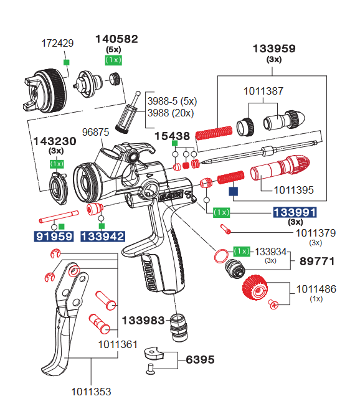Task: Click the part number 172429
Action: point(57,44)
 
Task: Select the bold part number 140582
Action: point(116,39)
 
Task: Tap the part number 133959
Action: point(273,49)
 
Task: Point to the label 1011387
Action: point(263,91)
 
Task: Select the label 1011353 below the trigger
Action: point(91,392)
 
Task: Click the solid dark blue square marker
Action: point(234,193)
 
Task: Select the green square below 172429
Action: point(65,62)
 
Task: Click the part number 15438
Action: point(172,136)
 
